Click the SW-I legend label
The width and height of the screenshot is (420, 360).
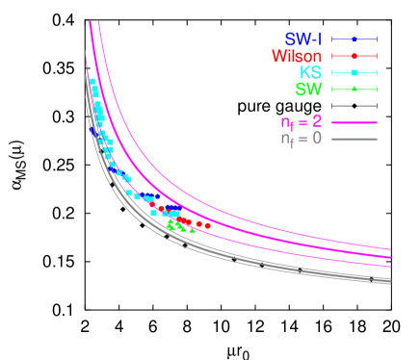(x=302, y=39)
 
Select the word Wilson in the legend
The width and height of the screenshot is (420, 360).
(x=297, y=57)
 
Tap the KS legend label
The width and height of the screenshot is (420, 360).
(x=310, y=73)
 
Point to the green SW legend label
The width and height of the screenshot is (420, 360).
(x=308, y=90)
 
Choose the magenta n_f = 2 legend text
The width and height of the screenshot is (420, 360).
(x=301, y=122)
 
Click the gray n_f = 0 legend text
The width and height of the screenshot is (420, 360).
(x=301, y=139)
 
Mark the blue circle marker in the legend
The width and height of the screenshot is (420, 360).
(x=354, y=39)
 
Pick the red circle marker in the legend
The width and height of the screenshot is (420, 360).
(x=354, y=56)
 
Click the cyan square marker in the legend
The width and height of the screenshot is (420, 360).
(x=354, y=73)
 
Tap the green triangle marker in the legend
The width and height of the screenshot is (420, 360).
(x=354, y=90)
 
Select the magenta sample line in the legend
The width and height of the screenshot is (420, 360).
(x=354, y=122)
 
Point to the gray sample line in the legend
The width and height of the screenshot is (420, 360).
(x=354, y=139)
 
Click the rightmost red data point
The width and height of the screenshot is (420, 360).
(x=208, y=225)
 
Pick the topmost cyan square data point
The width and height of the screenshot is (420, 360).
(x=92, y=81)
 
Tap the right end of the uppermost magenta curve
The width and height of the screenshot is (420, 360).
(x=390, y=249)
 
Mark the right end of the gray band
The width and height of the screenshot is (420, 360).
(x=389, y=281)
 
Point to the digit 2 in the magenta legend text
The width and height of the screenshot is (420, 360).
(x=316, y=122)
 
